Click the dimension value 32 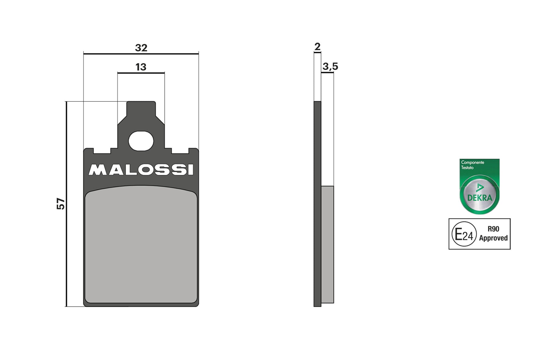tap(141, 48)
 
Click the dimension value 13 tap(141, 67)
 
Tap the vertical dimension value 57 tap(61, 204)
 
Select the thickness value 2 tap(317, 47)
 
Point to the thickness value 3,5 tap(330, 66)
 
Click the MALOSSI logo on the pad tap(141, 170)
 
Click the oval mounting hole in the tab tap(141, 141)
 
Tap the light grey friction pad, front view tap(141, 247)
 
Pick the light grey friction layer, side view tap(328, 244)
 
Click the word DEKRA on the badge tap(480, 198)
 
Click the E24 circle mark tap(464, 234)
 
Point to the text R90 tap(493, 229)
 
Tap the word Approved tap(493, 238)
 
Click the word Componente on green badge tap(472, 162)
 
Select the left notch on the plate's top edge tap(102, 150)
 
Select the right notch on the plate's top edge tap(180, 150)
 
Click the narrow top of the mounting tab tap(141, 108)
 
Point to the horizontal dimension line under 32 tap(141, 54)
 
